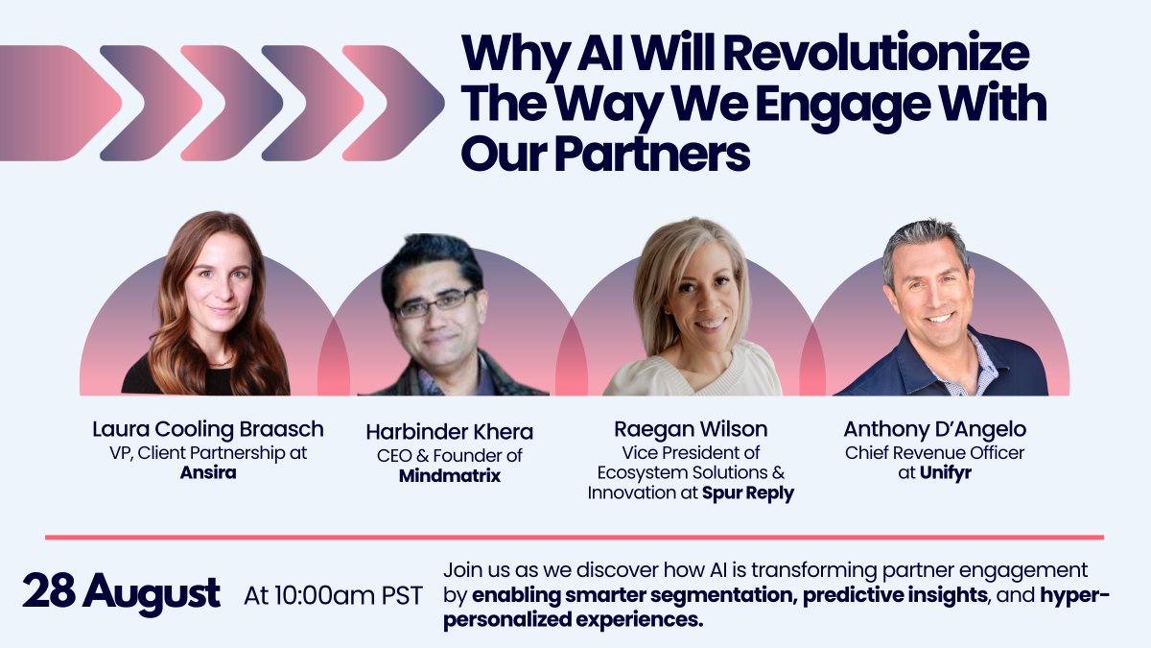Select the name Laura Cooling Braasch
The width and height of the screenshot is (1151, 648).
tap(208, 428)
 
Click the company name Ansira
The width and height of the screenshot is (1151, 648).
tap(208, 473)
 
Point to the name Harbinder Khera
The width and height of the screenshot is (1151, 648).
tap(450, 432)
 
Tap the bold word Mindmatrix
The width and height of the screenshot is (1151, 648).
tap(450, 476)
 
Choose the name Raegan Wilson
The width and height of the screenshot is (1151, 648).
tap(691, 429)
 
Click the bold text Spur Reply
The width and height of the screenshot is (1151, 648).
tap(748, 492)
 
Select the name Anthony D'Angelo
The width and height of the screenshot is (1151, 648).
tap(935, 429)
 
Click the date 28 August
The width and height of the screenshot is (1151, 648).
tap(122, 593)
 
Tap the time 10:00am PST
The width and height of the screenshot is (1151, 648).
tap(333, 595)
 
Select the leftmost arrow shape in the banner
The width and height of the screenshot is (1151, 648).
tap(58, 103)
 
